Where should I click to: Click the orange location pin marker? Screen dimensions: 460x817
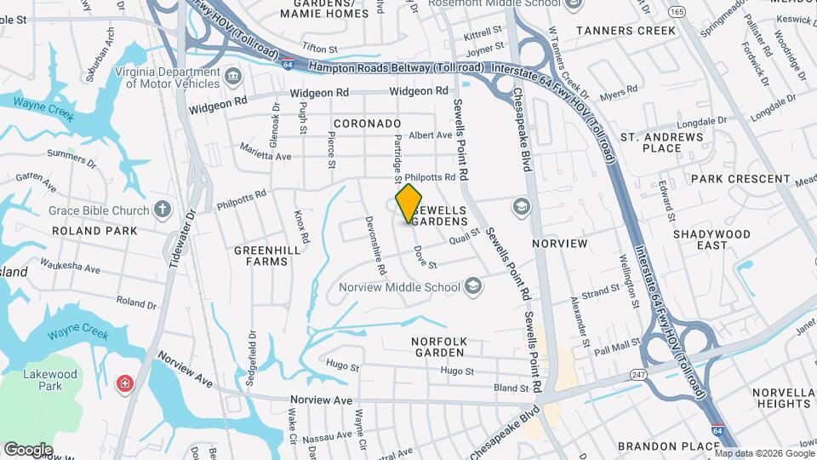click(409, 203)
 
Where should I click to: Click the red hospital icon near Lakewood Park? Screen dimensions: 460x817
click(125, 384)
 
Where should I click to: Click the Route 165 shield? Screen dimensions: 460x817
click(677, 12)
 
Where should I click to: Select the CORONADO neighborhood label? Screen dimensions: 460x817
click(367, 124)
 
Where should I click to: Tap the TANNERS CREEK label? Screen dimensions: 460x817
click(626, 31)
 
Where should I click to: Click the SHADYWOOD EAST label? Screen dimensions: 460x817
click(711, 239)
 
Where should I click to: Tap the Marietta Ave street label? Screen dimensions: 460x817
click(265, 156)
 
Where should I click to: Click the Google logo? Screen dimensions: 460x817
click(28, 449)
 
